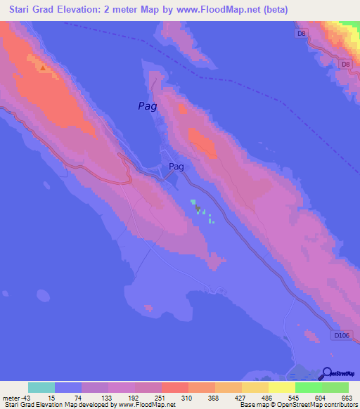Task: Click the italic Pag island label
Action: tap(146, 107)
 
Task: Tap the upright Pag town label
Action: tap(176, 167)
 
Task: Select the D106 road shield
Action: tap(340, 336)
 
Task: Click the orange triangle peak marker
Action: tap(43, 68)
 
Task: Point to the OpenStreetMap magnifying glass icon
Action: tap(326, 373)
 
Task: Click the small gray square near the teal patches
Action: tap(198, 208)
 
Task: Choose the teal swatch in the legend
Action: tap(41, 387)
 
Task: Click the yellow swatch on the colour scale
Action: tap(281, 387)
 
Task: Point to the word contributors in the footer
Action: tap(342, 405)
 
